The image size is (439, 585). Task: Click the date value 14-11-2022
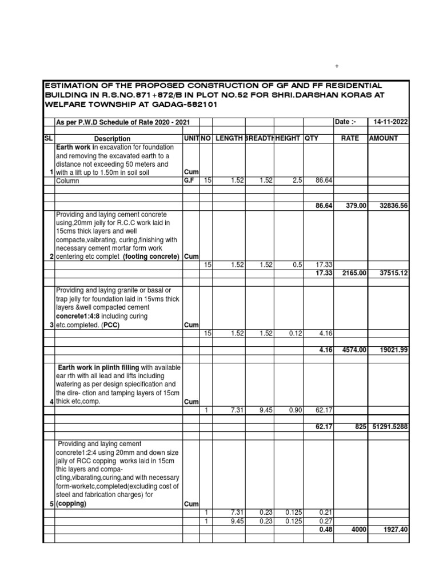click(x=391, y=123)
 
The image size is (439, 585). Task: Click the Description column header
click(x=112, y=139)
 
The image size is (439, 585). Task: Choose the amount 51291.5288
click(x=389, y=426)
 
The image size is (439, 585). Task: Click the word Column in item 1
click(x=67, y=181)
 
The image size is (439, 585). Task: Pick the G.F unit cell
click(x=190, y=181)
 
